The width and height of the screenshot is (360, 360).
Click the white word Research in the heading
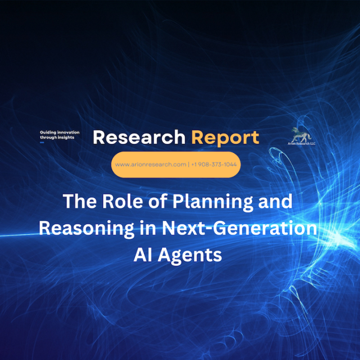coord(139,137)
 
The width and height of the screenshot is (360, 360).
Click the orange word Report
coord(225,138)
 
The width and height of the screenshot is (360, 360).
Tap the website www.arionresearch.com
coord(151,164)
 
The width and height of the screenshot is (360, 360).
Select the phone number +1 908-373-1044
coord(214,164)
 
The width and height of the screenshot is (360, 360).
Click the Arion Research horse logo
coord(301,135)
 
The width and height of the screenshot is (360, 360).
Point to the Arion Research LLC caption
coord(301,144)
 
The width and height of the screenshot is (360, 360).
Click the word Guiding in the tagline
coord(48,133)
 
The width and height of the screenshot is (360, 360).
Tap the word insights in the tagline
coord(66,137)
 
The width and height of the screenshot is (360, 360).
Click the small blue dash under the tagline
coord(42,142)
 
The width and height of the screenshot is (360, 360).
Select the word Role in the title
coord(123,201)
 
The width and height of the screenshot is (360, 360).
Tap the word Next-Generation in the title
coord(240,228)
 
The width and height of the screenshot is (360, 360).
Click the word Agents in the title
coord(190,256)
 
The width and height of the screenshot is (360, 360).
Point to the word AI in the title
coord(142,255)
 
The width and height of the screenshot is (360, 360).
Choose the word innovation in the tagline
coord(68,133)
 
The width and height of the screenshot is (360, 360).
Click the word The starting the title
coord(80,201)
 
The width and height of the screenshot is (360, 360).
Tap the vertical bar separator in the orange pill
coord(189,164)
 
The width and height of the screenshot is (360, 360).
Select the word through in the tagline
coord(48,138)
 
